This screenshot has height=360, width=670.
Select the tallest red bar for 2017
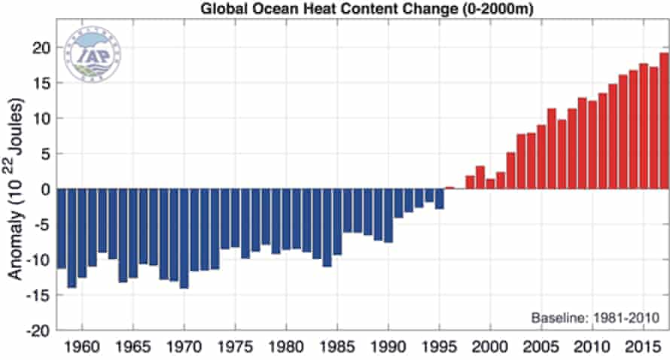(x=664, y=121)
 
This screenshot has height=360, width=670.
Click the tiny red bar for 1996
(x=449, y=188)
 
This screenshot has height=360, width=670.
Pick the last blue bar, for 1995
(x=439, y=199)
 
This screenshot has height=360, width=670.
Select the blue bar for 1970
(x=184, y=238)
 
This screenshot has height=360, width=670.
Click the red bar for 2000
(x=490, y=184)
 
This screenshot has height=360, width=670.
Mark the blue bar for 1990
(x=388, y=215)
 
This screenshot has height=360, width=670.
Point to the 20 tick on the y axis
(x=44, y=47)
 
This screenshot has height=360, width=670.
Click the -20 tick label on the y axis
(x=41, y=331)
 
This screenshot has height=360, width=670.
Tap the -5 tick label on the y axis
(x=44, y=224)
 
